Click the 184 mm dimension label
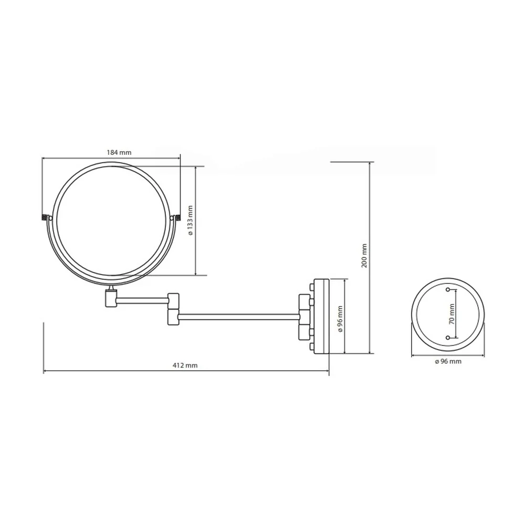point(119,152)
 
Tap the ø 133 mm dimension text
point(191,220)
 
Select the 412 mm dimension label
point(185,365)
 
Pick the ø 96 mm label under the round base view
point(448,361)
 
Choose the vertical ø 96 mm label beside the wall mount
point(341,319)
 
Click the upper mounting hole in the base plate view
point(448,290)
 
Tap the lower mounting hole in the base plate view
point(448,338)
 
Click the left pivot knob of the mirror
point(44,218)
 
